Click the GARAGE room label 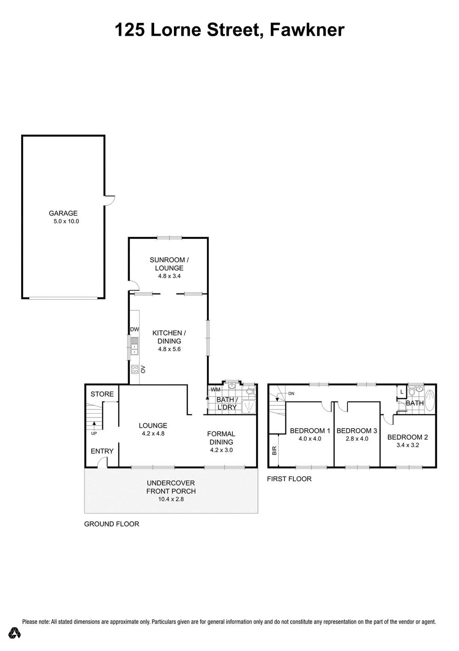(x=63, y=213)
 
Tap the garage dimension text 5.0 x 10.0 (x=67, y=221)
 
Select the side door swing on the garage (x=110, y=200)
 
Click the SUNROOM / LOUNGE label (x=169, y=264)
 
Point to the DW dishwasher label (x=134, y=329)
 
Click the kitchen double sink (x=134, y=346)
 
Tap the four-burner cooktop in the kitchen (x=134, y=370)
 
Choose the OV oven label (x=143, y=370)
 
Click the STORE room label (x=102, y=394)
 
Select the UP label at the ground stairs (x=94, y=433)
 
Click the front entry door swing (x=102, y=462)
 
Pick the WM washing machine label (x=215, y=389)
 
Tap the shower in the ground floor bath (x=249, y=406)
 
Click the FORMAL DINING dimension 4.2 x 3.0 (x=221, y=450)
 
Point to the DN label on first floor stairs (x=291, y=393)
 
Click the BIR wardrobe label (x=274, y=451)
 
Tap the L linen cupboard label (x=402, y=392)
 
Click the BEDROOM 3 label (x=357, y=430)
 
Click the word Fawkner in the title (x=308, y=30)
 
